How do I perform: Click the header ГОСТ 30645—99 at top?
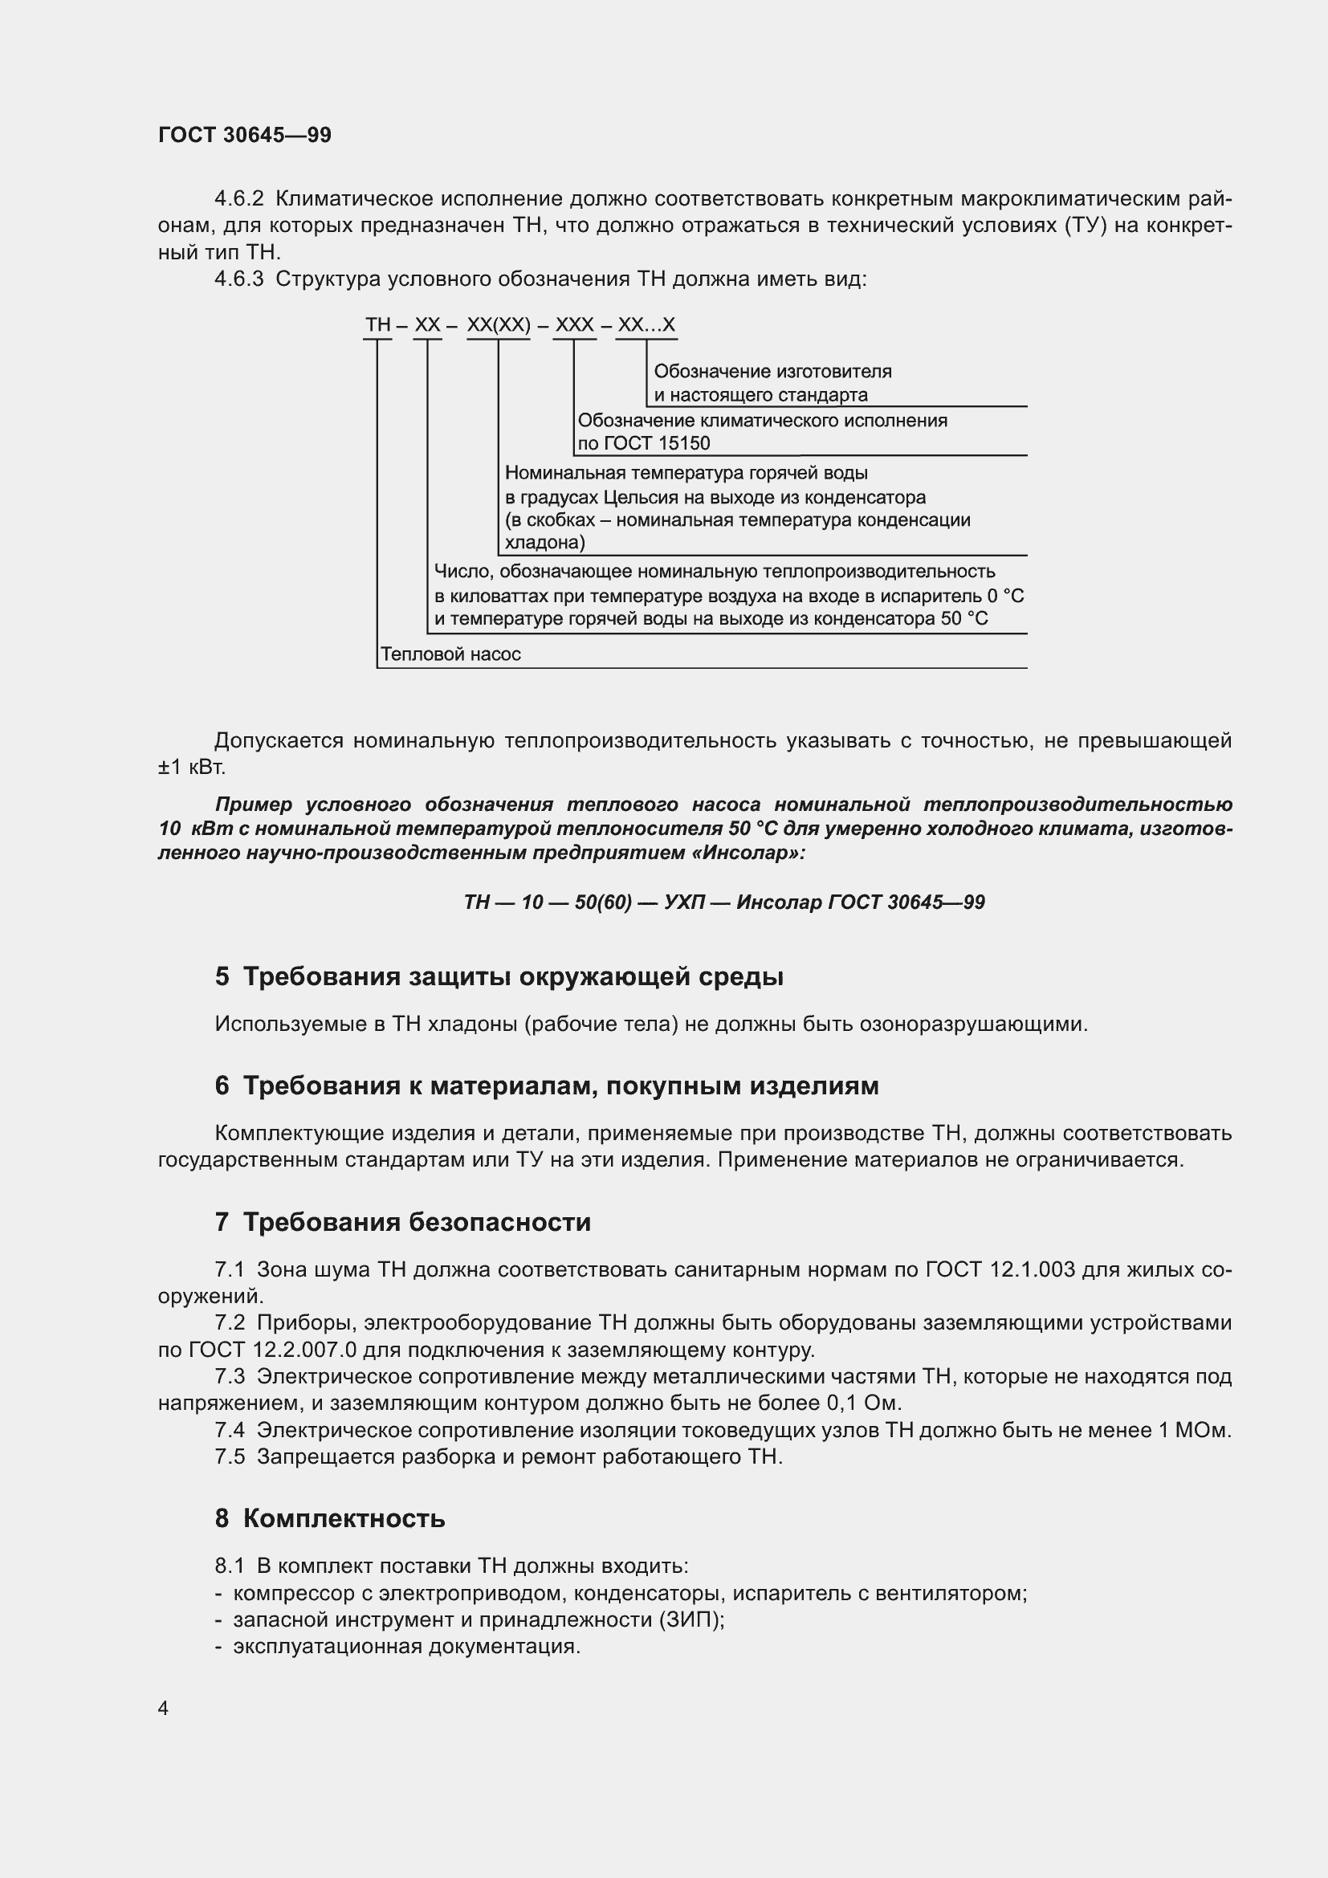pos(245,135)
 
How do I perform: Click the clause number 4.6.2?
pos(238,199)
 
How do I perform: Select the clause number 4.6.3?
pos(238,279)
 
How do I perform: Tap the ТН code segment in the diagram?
pos(378,325)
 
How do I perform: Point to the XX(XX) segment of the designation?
pos(498,325)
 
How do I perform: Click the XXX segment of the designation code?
pos(574,325)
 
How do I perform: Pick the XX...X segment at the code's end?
pos(646,325)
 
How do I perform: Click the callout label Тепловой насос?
pos(450,654)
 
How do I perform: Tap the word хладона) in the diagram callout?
pos(544,542)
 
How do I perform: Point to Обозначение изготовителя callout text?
pos(772,373)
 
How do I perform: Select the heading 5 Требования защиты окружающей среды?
pos(499,976)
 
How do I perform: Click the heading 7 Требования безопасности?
pos(402,1223)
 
